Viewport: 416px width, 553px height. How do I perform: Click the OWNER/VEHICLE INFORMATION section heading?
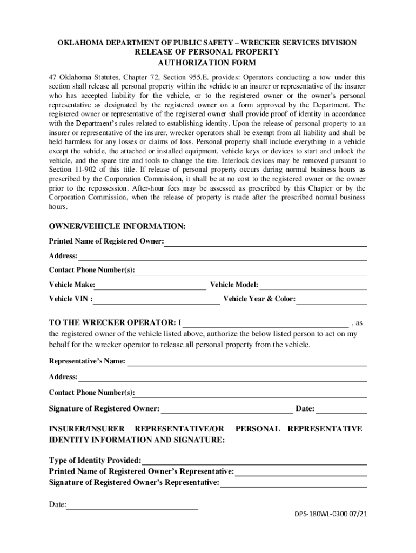pyautogui.click(x=117, y=226)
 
